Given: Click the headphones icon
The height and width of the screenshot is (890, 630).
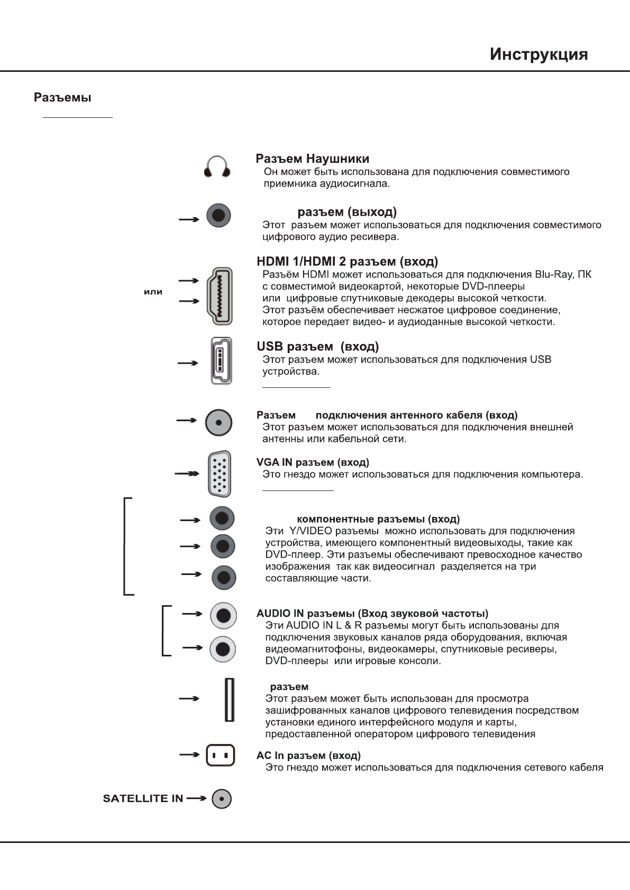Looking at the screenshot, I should click(x=217, y=167).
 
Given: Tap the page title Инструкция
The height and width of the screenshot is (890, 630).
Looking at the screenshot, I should click(x=538, y=54).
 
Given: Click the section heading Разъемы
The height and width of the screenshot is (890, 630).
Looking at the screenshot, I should click(x=62, y=98).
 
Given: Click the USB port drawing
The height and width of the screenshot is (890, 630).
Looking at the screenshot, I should click(x=221, y=361).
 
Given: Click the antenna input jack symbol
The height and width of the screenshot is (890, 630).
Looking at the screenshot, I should click(x=218, y=422).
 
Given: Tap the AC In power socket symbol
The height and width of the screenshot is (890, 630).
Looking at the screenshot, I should click(x=220, y=755).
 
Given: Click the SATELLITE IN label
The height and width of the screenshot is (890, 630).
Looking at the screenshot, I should click(x=143, y=799).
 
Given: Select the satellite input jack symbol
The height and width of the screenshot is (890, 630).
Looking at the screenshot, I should click(x=222, y=799).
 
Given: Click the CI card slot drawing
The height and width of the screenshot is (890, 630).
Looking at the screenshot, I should click(x=229, y=700).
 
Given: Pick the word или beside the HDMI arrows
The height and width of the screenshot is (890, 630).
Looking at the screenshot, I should click(x=153, y=292).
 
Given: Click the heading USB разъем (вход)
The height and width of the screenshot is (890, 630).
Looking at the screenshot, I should click(x=317, y=347).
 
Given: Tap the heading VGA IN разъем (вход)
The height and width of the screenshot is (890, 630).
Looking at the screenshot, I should click(x=313, y=462).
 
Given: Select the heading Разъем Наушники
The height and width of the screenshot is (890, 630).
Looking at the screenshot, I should click(x=312, y=159).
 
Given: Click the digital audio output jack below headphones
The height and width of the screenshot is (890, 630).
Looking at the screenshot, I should click(x=218, y=216).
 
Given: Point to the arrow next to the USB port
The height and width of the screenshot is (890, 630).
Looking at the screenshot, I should click(x=188, y=363).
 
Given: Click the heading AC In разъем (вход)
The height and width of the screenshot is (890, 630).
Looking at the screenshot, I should click(x=308, y=755).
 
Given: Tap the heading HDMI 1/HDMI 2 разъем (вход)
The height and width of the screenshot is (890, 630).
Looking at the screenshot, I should click(x=347, y=262).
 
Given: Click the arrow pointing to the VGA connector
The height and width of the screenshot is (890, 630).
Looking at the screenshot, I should click(x=187, y=474).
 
